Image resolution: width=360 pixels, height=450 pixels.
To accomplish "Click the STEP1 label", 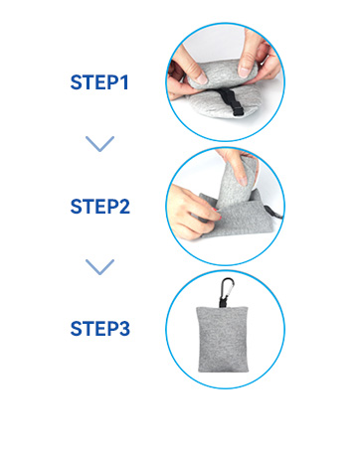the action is click(x=99, y=82).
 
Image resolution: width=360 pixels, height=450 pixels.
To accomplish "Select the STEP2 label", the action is click(x=100, y=207).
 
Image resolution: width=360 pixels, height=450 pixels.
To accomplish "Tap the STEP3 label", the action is click(x=100, y=329).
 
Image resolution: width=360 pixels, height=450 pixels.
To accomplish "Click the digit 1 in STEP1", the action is click(x=124, y=82).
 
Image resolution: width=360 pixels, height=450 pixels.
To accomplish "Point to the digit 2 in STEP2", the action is click(x=124, y=207).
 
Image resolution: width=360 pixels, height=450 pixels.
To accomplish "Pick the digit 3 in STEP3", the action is click(x=124, y=329).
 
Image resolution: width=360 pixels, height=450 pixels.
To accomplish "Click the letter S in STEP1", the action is click(x=76, y=82).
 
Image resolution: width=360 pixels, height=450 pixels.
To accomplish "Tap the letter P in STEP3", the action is click(x=112, y=329).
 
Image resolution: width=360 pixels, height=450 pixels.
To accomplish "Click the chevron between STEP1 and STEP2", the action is click(x=99, y=144).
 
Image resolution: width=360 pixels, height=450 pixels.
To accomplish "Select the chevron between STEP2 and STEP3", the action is click(x=99, y=267).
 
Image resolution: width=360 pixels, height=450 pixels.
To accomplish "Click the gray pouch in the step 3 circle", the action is click(x=223, y=339).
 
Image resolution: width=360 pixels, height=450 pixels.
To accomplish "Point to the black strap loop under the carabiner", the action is click(x=223, y=303).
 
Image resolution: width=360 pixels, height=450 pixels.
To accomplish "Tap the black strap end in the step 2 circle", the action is click(x=273, y=213).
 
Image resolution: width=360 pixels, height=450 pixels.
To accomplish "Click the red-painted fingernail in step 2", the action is click(x=217, y=210).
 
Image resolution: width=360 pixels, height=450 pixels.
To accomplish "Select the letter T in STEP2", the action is click(x=88, y=207).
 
